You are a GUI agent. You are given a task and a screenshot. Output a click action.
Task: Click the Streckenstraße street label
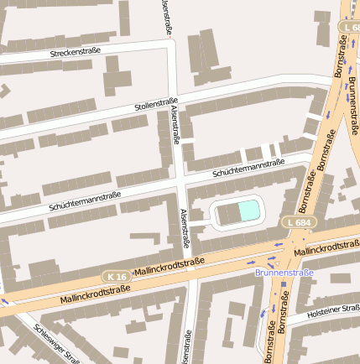tap(76, 52)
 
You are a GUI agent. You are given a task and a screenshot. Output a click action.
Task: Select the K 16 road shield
tap(117, 276)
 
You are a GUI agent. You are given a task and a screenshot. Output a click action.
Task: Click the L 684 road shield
tap(300, 222)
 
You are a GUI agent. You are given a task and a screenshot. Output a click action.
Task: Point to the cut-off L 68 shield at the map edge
tap(350, 28)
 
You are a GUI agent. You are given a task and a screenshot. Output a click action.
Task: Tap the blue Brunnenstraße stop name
tap(284, 273)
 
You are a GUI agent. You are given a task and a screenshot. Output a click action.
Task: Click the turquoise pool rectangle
tap(250, 211)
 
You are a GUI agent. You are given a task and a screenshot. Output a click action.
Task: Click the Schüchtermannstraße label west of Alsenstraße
tap(85, 200)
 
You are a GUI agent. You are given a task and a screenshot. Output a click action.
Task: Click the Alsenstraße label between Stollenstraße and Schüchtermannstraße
tap(175, 126)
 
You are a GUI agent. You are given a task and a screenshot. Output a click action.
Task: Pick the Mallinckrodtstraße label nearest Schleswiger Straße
tap(95, 294)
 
